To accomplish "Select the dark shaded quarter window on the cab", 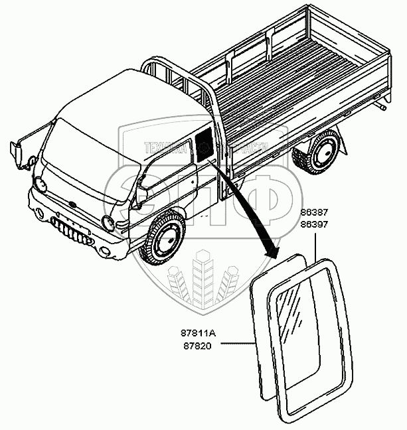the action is pos(203,147).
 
